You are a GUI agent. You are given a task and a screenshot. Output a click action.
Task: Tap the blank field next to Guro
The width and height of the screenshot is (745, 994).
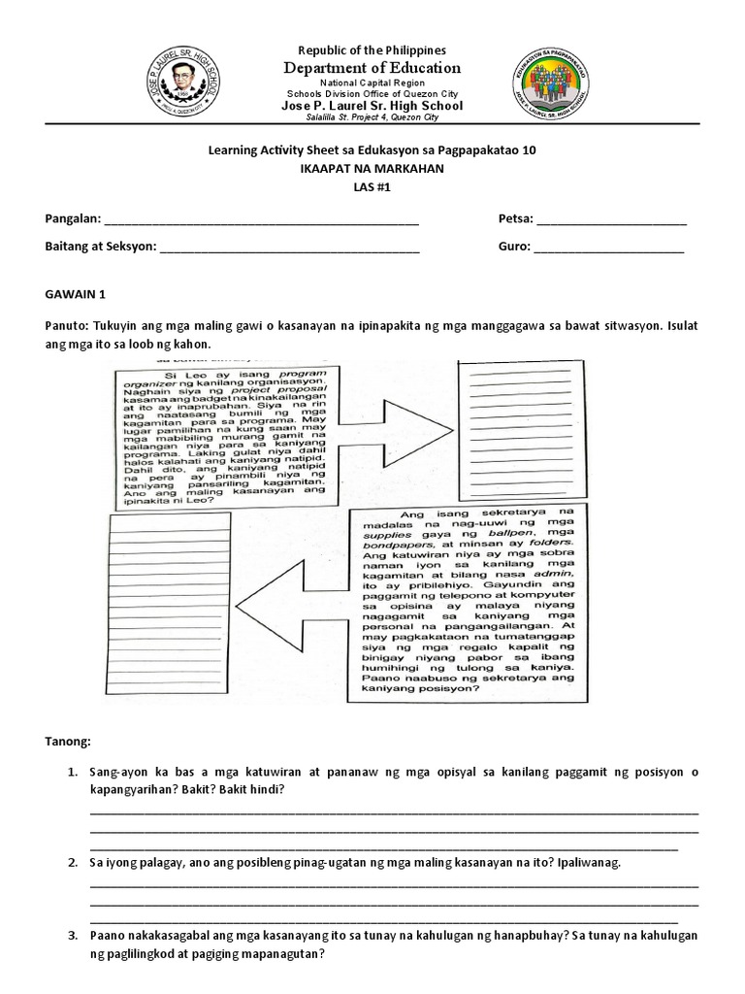coord(609,248)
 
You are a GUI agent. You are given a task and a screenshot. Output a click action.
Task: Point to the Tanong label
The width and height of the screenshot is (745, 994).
coord(68,743)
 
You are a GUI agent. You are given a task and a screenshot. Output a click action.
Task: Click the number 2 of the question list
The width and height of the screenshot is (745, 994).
coord(73,862)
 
